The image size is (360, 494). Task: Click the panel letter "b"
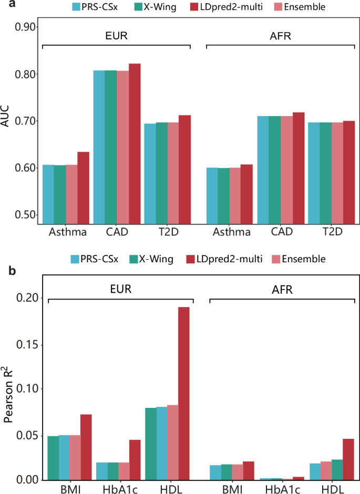5,272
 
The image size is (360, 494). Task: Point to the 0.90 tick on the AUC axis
25,27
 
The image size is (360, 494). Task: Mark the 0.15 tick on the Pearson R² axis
25,345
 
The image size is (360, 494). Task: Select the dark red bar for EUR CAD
135,145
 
